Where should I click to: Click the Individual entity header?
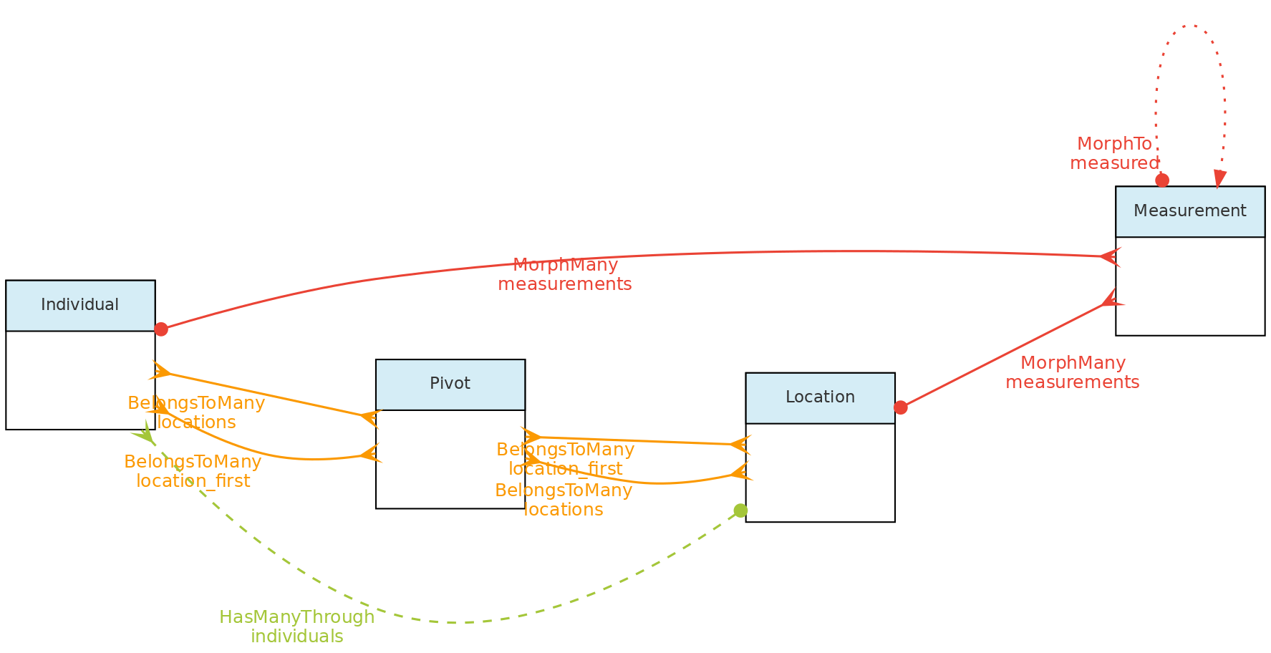click(80, 305)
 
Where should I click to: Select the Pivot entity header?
click(450, 384)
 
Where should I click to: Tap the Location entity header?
click(820, 397)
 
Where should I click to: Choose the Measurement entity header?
click(1190, 211)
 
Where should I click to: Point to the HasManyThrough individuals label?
click(296, 627)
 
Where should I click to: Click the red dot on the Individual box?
click(161, 329)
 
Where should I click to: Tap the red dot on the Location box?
click(901, 407)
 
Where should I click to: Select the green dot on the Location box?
click(740, 511)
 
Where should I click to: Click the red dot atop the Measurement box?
click(1162, 180)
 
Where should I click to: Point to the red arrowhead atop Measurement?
click(1219, 179)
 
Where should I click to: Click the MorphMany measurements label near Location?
click(1072, 372)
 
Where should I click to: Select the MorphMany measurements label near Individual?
click(564, 275)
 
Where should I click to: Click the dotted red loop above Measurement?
click(1189, 26)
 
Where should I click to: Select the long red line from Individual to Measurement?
click(788, 251)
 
